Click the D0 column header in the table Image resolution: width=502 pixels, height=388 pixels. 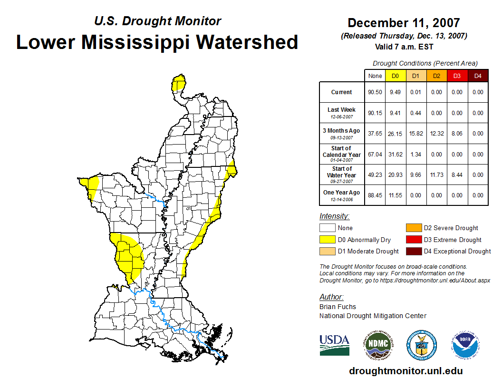396,76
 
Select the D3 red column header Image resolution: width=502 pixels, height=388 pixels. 457,76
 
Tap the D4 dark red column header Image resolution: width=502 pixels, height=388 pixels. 478,76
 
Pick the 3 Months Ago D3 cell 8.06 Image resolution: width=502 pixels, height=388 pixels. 457,134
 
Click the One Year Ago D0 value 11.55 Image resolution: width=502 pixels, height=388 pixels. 396,195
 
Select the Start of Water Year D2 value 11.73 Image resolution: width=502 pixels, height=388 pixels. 436,175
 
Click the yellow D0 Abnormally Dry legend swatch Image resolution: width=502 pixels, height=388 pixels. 327,240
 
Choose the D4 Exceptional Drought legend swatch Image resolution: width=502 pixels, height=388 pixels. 413,251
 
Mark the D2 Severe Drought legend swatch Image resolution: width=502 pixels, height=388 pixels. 413,228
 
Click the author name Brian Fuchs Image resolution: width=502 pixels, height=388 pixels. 338,307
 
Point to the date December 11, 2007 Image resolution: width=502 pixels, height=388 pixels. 404,23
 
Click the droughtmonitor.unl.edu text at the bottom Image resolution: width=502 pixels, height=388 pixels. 405,371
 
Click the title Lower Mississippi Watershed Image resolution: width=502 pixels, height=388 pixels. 157,42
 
